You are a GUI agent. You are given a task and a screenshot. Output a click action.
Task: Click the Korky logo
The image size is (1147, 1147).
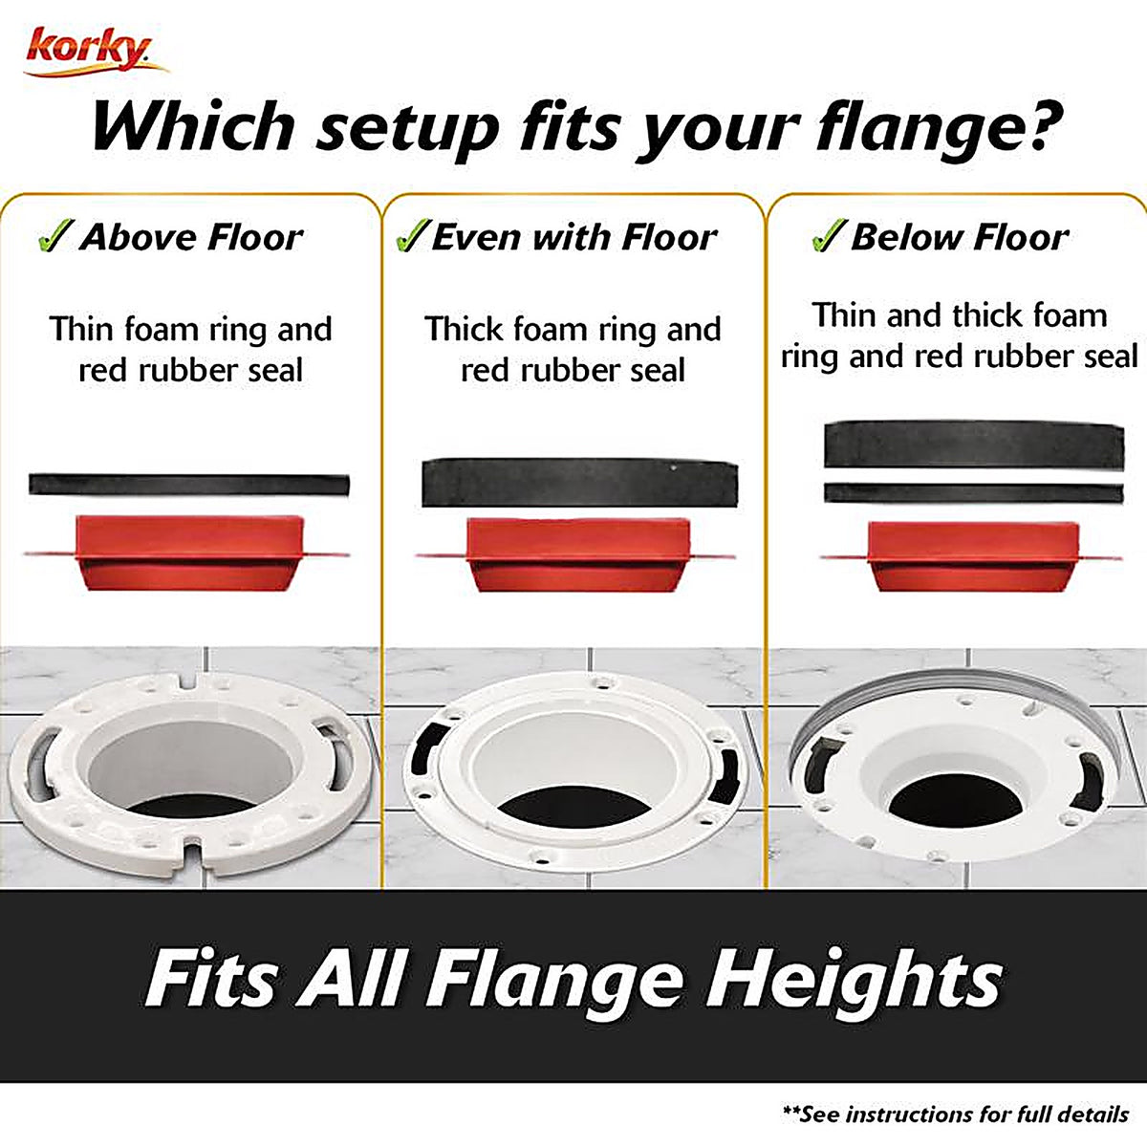(x=96, y=53)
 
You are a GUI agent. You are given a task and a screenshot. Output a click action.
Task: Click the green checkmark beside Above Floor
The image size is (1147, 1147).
(x=55, y=235)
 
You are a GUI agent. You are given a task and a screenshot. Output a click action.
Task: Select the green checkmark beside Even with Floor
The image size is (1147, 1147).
(x=413, y=235)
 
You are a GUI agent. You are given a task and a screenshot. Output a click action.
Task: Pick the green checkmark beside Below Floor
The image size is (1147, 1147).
(x=829, y=235)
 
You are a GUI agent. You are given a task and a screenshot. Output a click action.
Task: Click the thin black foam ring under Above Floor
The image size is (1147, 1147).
(x=188, y=485)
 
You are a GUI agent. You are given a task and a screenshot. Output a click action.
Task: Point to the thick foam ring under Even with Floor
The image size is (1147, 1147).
(x=580, y=483)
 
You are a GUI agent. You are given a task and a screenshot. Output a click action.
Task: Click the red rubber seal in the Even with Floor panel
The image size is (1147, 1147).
(x=577, y=555)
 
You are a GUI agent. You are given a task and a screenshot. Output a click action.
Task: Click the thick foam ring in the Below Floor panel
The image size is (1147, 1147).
(x=974, y=444)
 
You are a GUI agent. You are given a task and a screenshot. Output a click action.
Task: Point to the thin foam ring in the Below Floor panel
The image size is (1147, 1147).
(x=974, y=493)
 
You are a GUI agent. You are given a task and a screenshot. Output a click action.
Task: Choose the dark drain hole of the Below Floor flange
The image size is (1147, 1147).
(x=956, y=800)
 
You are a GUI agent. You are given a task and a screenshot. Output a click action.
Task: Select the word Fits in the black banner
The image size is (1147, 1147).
(x=210, y=978)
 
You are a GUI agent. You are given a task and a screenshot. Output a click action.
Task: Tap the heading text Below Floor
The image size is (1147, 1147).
(x=960, y=237)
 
